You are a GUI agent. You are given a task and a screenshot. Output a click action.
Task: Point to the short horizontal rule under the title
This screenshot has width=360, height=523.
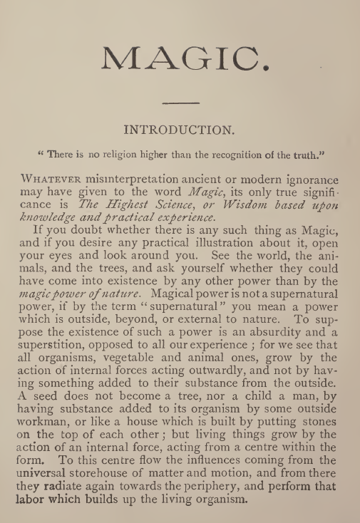click(x=179, y=104)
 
